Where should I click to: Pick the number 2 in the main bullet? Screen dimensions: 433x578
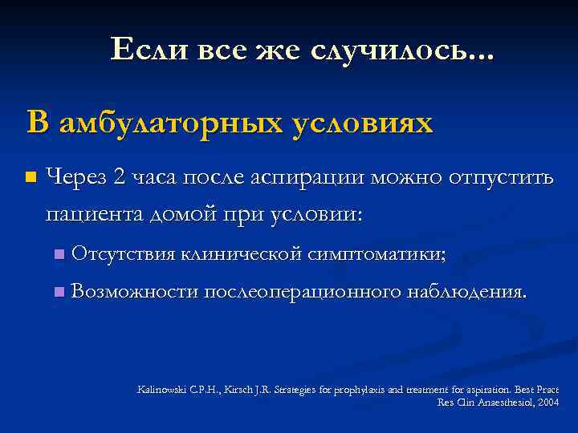coord(119,176)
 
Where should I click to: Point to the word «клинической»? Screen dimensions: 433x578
coord(241,254)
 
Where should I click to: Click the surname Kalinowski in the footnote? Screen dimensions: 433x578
coord(161,389)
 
